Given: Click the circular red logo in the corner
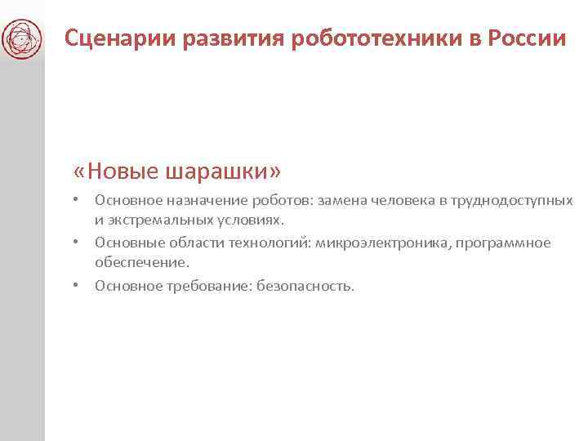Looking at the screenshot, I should click(x=22, y=38).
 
